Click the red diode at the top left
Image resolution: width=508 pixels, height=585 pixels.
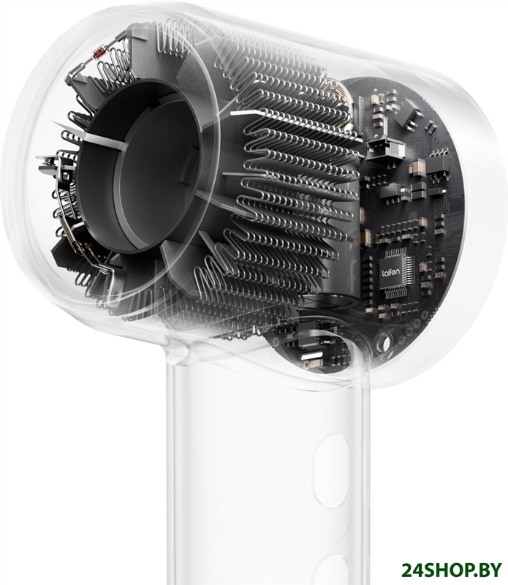(x=99, y=53)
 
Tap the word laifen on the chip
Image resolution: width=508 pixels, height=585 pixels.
(x=390, y=271)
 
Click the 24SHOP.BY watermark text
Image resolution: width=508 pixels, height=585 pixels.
(x=451, y=570)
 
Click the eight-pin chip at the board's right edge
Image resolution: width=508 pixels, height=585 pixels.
(x=438, y=163)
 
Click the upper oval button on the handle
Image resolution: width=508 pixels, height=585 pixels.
(x=333, y=471)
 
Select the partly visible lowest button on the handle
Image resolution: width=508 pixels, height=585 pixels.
(x=332, y=570)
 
